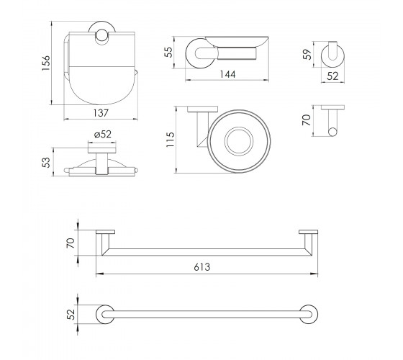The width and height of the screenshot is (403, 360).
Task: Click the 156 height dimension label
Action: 46,63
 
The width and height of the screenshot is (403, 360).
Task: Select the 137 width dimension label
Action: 101,113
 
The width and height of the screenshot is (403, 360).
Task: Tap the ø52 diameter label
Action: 102,134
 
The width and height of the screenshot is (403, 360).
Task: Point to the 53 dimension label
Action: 47,162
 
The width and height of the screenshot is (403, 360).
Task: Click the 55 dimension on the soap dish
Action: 168,52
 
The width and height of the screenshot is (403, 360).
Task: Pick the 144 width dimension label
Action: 227,74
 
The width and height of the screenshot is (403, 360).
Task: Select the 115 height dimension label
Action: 171,140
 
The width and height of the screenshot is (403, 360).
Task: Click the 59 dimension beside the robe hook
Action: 307,54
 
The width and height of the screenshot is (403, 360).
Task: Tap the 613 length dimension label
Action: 202,267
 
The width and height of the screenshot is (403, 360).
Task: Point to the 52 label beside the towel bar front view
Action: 71,314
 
